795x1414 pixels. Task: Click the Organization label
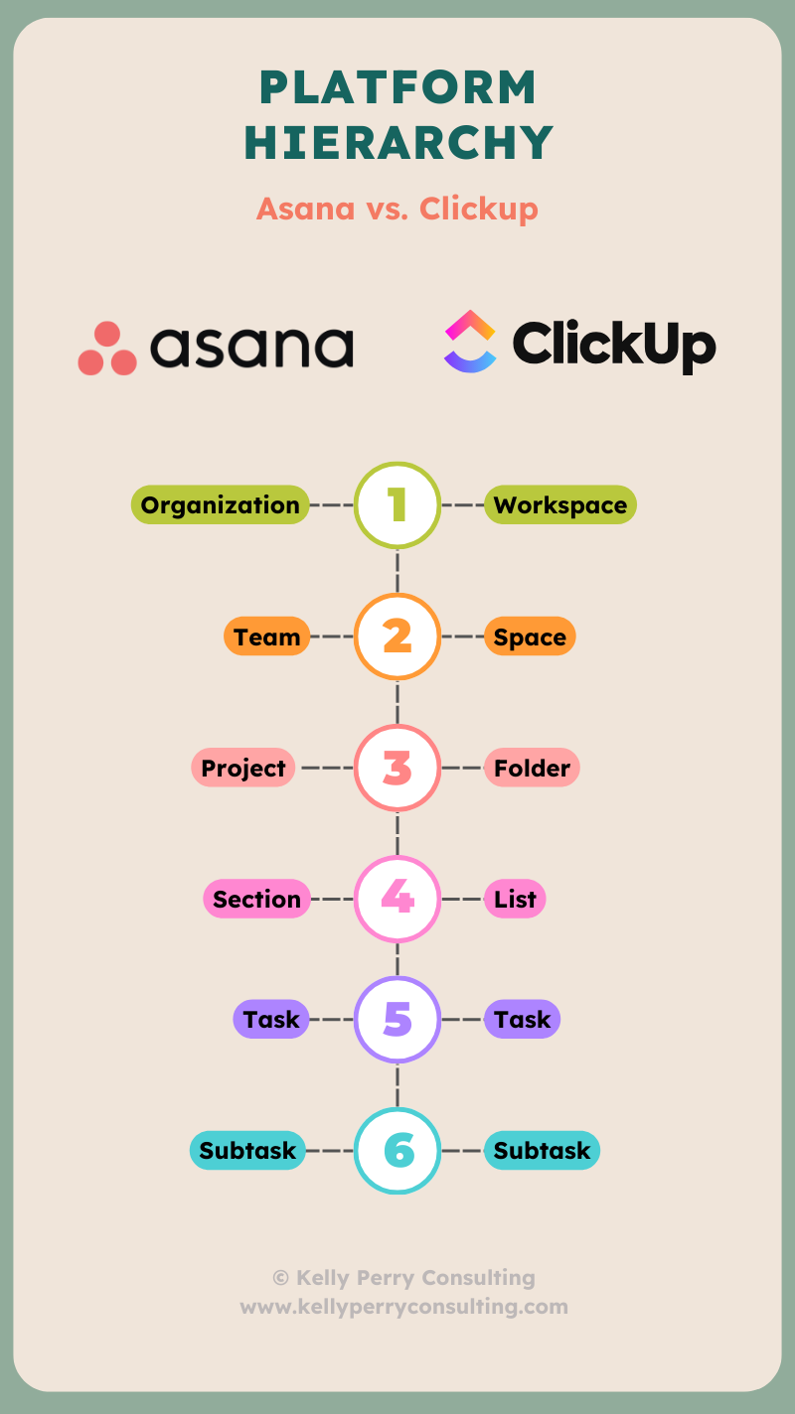pyautogui.click(x=220, y=504)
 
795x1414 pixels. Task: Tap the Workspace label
pyautogui.click(x=559, y=504)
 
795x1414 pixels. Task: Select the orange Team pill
pyautogui.click(x=267, y=636)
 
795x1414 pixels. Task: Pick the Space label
pyautogui.click(x=530, y=636)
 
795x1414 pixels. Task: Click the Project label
pyautogui.click(x=243, y=768)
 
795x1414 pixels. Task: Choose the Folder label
pyautogui.click(x=532, y=768)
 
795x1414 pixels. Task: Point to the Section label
pyautogui.click(x=256, y=899)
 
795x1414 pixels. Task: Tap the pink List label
pyautogui.click(x=515, y=899)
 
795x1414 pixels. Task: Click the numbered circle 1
pyautogui.click(x=397, y=504)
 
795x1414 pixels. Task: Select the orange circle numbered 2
pyautogui.click(x=397, y=636)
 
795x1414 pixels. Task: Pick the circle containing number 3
pyautogui.click(x=397, y=768)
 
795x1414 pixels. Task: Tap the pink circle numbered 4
pyautogui.click(x=397, y=899)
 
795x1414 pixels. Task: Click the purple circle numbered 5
pyautogui.click(x=397, y=1019)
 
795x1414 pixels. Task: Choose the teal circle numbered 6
pyautogui.click(x=397, y=1150)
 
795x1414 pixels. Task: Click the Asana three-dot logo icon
pyautogui.click(x=107, y=349)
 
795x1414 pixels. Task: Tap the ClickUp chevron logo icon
pyautogui.click(x=470, y=342)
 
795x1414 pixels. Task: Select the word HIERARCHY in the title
pyautogui.click(x=397, y=143)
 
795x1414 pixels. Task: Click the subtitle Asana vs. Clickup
pyautogui.click(x=397, y=209)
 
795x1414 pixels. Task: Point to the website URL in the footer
pyautogui.click(x=403, y=1306)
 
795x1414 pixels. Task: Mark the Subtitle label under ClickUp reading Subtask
pyautogui.click(x=542, y=1150)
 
